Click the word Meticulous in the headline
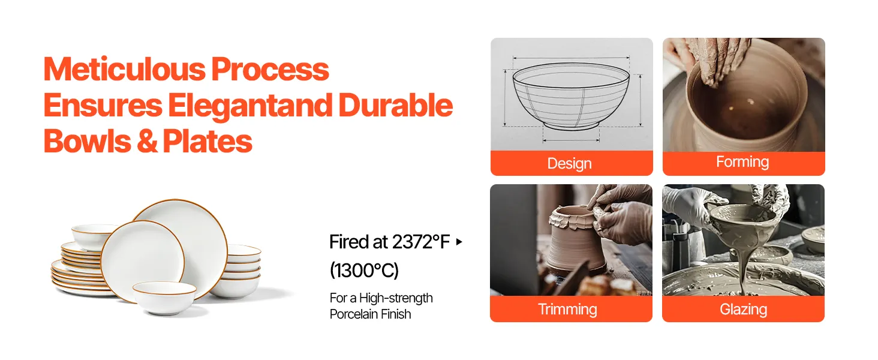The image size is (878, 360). pyautogui.click(x=124, y=70)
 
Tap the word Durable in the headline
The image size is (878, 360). pyautogui.click(x=395, y=106)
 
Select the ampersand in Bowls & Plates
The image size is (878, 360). pyautogui.click(x=147, y=142)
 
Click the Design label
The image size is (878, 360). pyautogui.click(x=569, y=164)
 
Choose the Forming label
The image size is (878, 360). pyautogui.click(x=742, y=161)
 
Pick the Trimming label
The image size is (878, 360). pyautogui.click(x=567, y=309)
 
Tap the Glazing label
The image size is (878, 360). pyautogui.click(x=743, y=310)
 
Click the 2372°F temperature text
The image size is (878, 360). pyautogui.click(x=420, y=242)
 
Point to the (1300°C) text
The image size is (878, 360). pyautogui.click(x=364, y=271)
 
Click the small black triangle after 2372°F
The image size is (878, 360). pyautogui.click(x=459, y=242)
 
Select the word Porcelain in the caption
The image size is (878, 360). pyautogui.click(x=355, y=314)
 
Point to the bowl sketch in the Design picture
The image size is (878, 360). pyautogui.click(x=571, y=95)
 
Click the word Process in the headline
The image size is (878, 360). pyautogui.click(x=270, y=70)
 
